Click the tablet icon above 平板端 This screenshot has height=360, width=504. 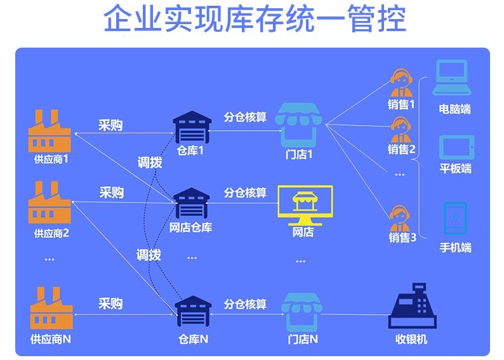456,147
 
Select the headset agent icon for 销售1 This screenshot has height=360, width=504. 401,83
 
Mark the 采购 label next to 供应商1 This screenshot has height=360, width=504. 110,126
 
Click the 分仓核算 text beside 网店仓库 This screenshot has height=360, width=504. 245,192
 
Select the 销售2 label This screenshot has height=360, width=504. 401,150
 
